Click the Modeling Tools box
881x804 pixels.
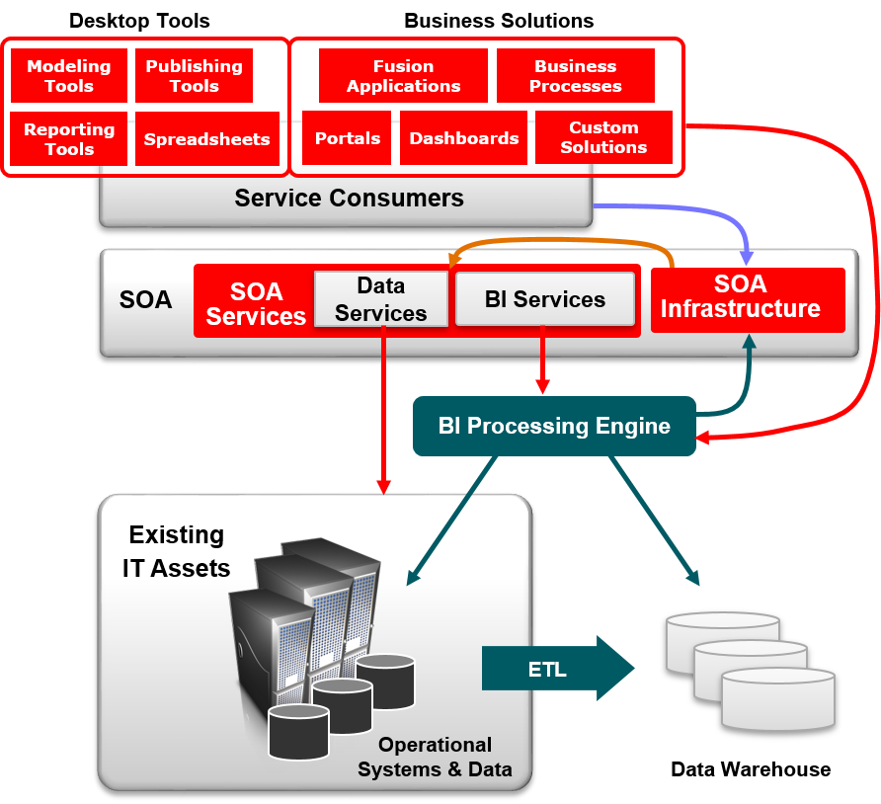click(68, 76)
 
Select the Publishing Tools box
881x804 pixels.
click(194, 76)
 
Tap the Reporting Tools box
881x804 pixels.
click(68, 139)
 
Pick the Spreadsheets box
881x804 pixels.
click(206, 139)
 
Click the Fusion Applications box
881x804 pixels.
click(403, 76)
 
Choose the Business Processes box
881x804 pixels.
click(575, 76)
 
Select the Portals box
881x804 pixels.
click(347, 138)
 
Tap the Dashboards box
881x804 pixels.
click(463, 138)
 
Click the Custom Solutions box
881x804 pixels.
click(603, 137)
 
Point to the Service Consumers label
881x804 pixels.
click(349, 198)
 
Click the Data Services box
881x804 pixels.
click(380, 299)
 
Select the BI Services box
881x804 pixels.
click(544, 299)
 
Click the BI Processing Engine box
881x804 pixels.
click(554, 426)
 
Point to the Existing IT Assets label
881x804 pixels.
click(177, 551)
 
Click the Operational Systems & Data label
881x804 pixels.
click(435, 757)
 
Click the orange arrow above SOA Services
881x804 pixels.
click(563, 240)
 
